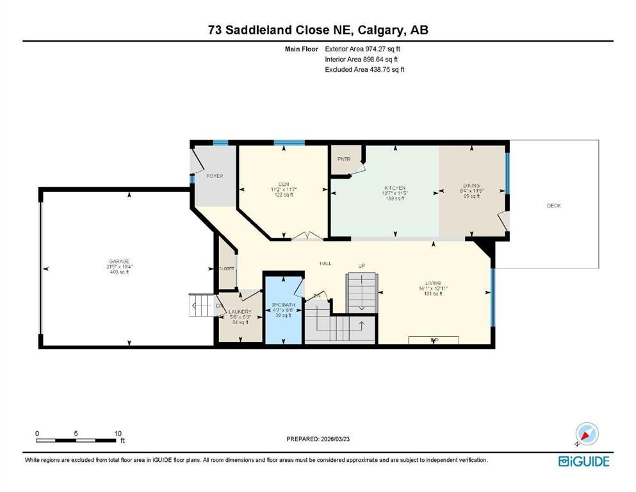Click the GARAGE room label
pos(119,261)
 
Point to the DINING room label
pos(471,186)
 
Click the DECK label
pos(553,205)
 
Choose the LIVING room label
pos(433,283)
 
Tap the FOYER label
pos(214,176)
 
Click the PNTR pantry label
pos(343,159)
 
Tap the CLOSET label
pos(227,268)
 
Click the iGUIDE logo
pos(583,461)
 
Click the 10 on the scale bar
pos(118,433)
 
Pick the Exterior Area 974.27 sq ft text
pos(364,48)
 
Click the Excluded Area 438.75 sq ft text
pos(364,69)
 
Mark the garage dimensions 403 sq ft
pos(119,272)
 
